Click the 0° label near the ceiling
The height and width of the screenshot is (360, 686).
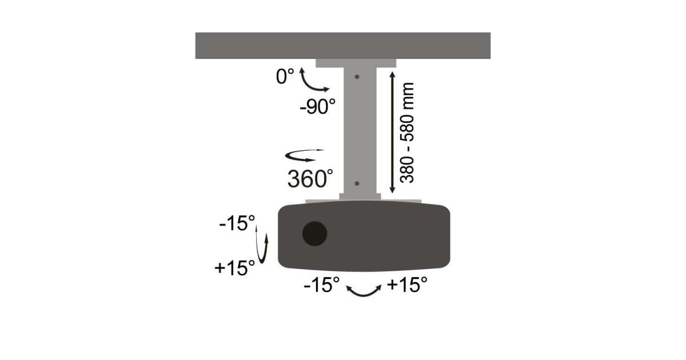click(285, 76)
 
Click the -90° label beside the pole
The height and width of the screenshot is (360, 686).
click(318, 106)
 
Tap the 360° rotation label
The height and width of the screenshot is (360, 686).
click(310, 179)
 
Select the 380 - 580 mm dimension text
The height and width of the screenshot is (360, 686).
click(407, 133)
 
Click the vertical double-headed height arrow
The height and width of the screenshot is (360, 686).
click(392, 132)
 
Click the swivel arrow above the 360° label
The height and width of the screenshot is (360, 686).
click(304, 156)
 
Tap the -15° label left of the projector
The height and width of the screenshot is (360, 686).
click(237, 223)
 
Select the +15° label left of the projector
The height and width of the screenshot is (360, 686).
click(234, 268)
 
